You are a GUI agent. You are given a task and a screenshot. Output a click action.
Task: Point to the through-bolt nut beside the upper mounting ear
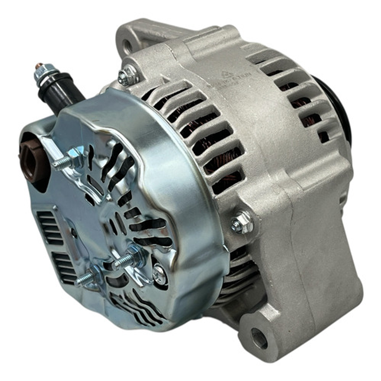click(x=127, y=76)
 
